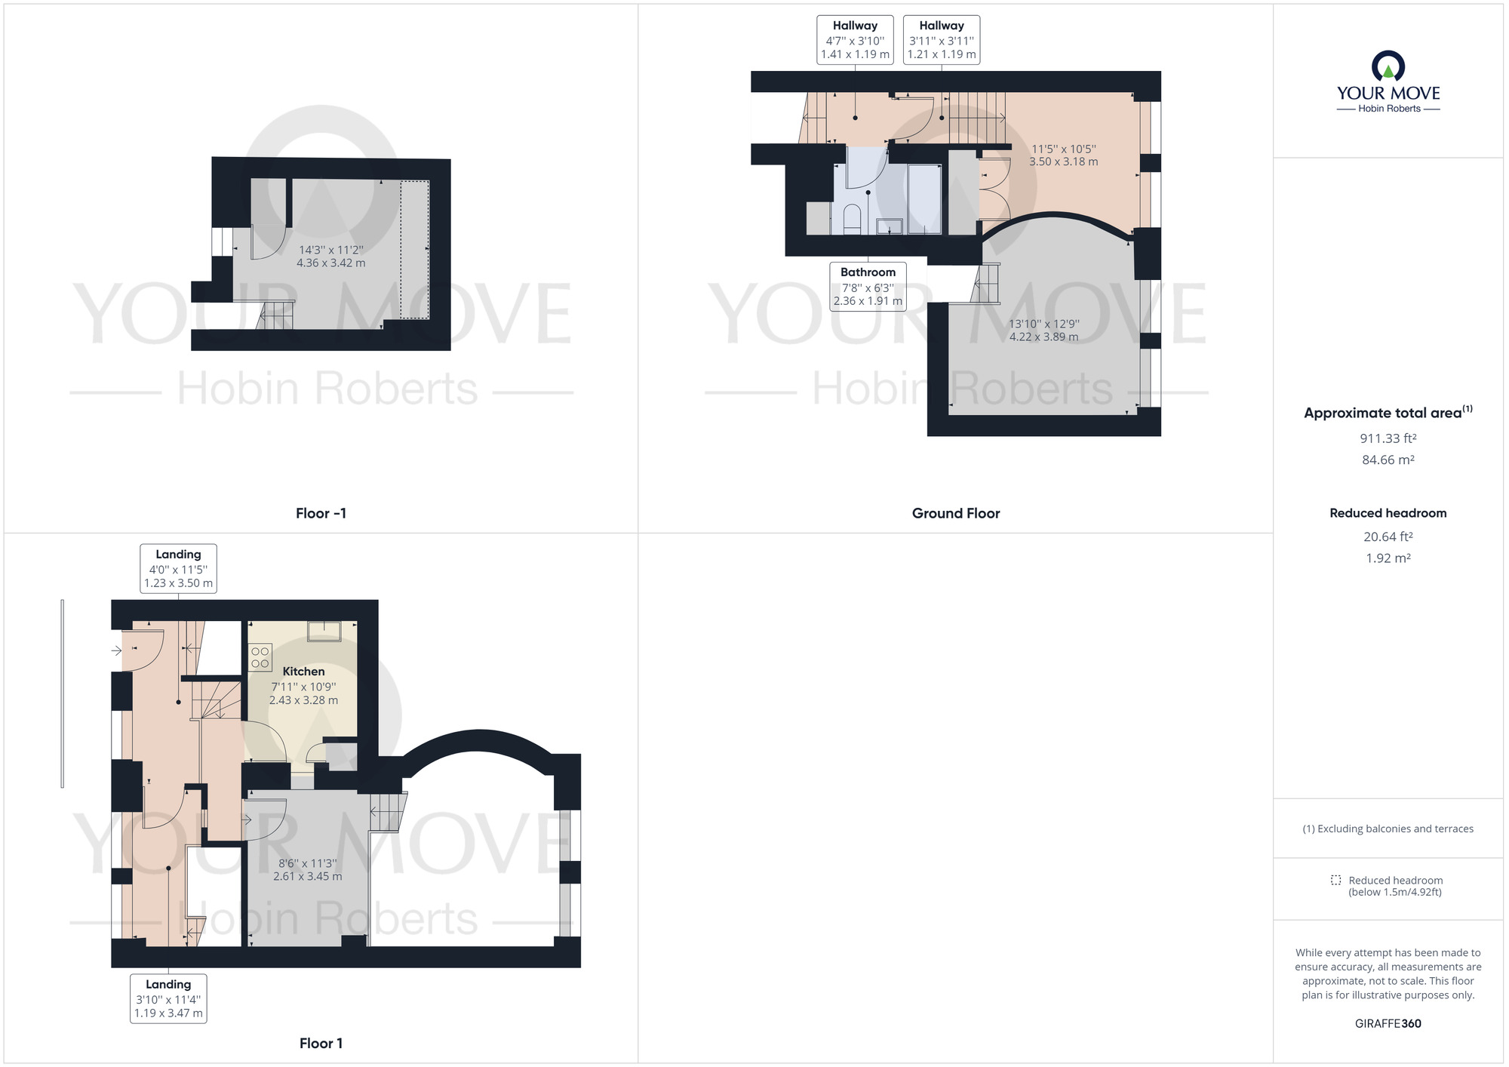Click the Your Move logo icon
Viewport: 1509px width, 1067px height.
pos(1388,66)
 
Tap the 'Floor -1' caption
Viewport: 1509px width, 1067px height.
pos(321,513)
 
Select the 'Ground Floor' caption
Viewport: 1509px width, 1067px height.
pos(955,513)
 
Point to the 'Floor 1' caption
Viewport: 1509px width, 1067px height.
pos(321,1043)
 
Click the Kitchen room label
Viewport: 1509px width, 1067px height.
pos(303,672)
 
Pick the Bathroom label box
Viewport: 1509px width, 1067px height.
pos(868,286)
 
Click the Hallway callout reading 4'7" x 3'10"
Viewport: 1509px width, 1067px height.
pos(855,40)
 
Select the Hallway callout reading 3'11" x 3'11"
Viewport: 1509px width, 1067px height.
pos(941,40)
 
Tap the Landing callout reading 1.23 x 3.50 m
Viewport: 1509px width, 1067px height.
pos(178,569)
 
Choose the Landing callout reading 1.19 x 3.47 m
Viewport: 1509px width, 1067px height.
pos(168,998)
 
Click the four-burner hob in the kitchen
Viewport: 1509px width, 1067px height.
pos(260,657)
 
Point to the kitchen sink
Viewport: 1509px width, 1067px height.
pos(324,631)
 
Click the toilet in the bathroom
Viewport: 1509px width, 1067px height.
pos(852,218)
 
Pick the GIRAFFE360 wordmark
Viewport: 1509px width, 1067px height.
pos(1388,1023)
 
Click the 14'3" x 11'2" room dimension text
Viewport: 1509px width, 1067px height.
pos(330,257)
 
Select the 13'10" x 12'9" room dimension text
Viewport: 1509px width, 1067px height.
pos(1043,331)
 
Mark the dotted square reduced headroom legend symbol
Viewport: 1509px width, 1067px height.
pos(1335,880)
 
